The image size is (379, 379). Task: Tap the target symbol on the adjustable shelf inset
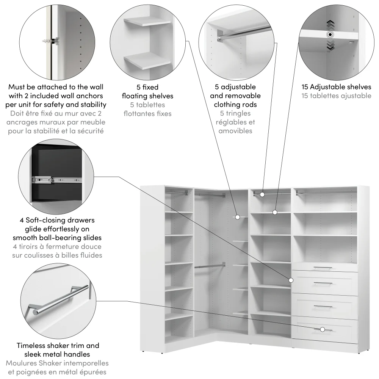pos(330,35)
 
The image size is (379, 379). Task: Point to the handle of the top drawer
pos(323,268)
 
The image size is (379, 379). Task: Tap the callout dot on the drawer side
pos(291,280)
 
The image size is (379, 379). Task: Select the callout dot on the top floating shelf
pos(237,217)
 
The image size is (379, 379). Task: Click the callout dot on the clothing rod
pos(263,194)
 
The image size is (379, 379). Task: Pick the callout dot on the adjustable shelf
pos(275,212)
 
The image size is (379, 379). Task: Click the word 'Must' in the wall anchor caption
pos(17,87)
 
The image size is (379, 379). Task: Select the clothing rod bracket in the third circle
pos(220,35)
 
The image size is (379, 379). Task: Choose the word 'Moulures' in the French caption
pos(21,363)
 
